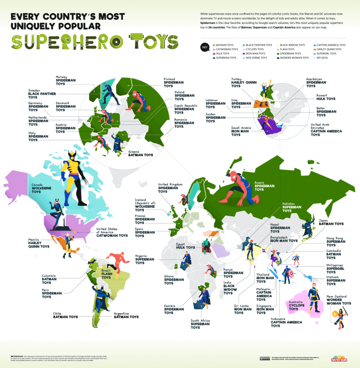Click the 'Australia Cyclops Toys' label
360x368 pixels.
pyautogui.click(x=297, y=306)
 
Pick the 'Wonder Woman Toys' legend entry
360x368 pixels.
pyautogui.click(x=295, y=58)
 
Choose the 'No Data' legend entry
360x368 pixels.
pyautogui.click(x=323, y=58)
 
